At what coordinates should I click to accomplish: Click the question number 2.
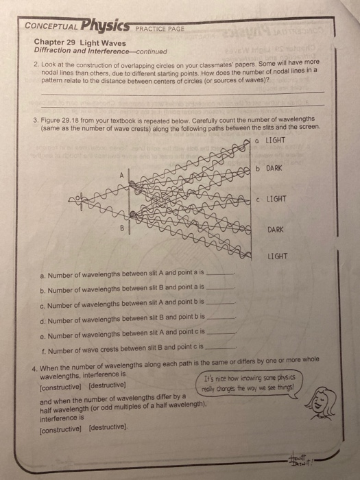[36, 63]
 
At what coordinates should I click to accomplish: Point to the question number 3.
[36, 119]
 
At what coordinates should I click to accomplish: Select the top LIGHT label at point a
[274, 141]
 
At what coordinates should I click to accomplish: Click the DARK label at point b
[274, 168]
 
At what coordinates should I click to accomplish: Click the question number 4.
[36, 359]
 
